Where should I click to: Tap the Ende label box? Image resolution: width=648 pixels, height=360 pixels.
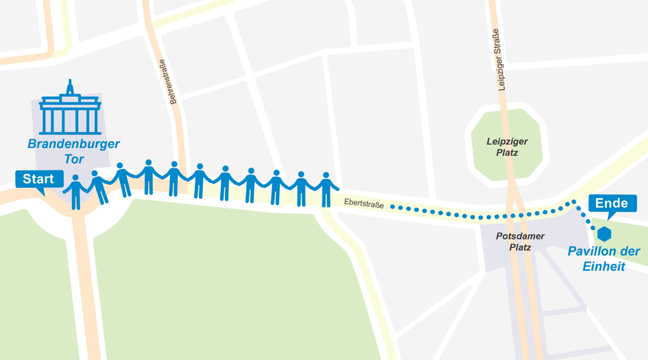612,203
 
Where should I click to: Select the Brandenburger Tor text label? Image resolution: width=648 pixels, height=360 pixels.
73,152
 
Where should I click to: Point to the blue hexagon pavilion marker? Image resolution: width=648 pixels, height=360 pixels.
604,234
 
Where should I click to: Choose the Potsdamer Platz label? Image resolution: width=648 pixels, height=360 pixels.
520,242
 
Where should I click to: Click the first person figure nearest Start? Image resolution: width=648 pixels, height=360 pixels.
76,192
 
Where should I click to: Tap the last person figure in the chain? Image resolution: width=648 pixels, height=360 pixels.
326,189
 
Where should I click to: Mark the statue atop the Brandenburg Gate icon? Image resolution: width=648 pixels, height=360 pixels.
70,87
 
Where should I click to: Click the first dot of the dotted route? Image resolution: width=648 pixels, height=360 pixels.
393,207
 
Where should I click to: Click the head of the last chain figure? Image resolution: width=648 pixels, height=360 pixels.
326,175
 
